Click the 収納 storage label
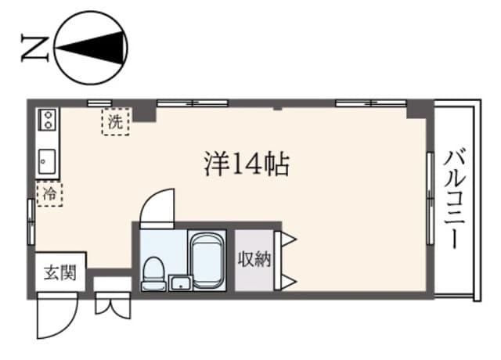(x=254, y=259)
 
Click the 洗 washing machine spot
(x=115, y=122)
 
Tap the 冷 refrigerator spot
(x=49, y=193)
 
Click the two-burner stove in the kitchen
(x=47, y=121)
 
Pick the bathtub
(x=208, y=261)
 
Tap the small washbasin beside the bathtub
(x=180, y=283)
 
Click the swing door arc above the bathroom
(x=157, y=207)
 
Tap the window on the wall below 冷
(x=31, y=223)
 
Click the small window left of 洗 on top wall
(x=98, y=103)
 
